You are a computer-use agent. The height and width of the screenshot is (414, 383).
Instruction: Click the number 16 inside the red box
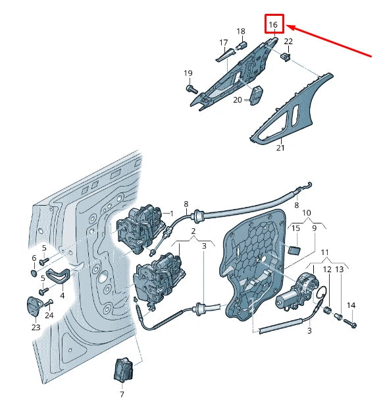tap(274, 25)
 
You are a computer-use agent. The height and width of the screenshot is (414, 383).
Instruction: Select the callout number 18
tap(241, 32)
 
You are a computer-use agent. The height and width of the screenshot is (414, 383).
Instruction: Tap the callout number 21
tap(280, 148)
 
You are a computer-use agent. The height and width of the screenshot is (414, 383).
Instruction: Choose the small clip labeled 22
tap(286, 57)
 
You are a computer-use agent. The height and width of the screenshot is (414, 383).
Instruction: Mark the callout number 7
tap(121, 394)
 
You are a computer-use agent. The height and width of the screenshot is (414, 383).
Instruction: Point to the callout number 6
tap(34, 258)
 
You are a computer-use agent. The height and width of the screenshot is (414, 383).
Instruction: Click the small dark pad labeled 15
tap(295, 249)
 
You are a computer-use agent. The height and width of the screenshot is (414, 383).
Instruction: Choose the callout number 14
tap(351, 305)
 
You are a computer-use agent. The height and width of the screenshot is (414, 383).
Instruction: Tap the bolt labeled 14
tap(349, 324)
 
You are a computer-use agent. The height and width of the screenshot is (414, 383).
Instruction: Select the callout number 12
tap(328, 270)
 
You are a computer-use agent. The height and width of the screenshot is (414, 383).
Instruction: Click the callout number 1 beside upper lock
tap(172, 214)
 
